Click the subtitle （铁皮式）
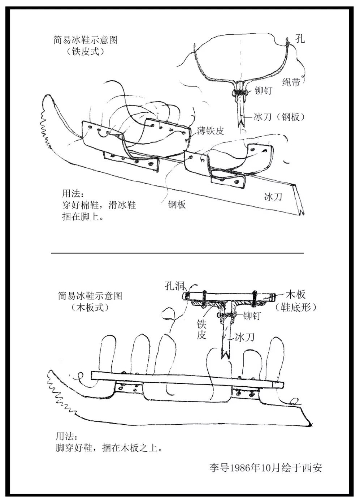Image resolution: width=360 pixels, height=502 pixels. [x=86, y=51]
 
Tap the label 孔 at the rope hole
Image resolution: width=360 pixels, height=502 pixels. [x=300, y=38]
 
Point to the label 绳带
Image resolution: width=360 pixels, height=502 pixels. [x=291, y=82]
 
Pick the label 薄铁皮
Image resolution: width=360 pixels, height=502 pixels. [x=211, y=130]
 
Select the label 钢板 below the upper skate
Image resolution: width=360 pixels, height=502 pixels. [x=177, y=205]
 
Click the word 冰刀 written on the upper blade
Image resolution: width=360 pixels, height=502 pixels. [x=273, y=197]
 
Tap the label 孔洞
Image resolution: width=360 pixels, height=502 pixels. [x=175, y=286]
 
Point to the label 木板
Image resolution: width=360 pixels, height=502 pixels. [x=296, y=293]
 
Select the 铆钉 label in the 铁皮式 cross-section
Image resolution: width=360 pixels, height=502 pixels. [x=263, y=90]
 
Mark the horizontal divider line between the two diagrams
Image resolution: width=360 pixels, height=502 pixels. [x=177, y=253]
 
